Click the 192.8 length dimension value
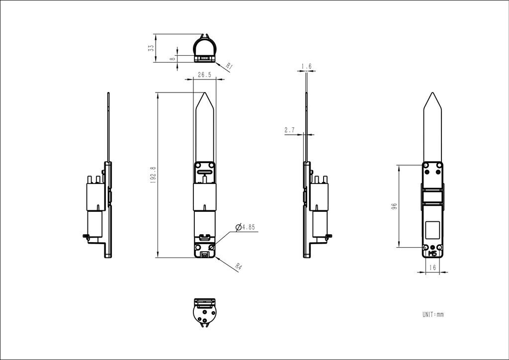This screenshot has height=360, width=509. click(x=153, y=176)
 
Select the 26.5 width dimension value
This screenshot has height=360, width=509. click(x=204, y=75)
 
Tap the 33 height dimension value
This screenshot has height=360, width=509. click(x=151, y=48)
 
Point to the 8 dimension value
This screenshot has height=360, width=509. click(x=172, y=59)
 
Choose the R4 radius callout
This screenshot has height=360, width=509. click(x=239, y=267)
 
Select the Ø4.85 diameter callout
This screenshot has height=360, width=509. click(x=245, y=227)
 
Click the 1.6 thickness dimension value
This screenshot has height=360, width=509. click(x=306, y=67)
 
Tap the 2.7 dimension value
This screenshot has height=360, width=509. click(x=290, y=130)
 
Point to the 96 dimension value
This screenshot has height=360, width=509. click(x=394, y=206)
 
